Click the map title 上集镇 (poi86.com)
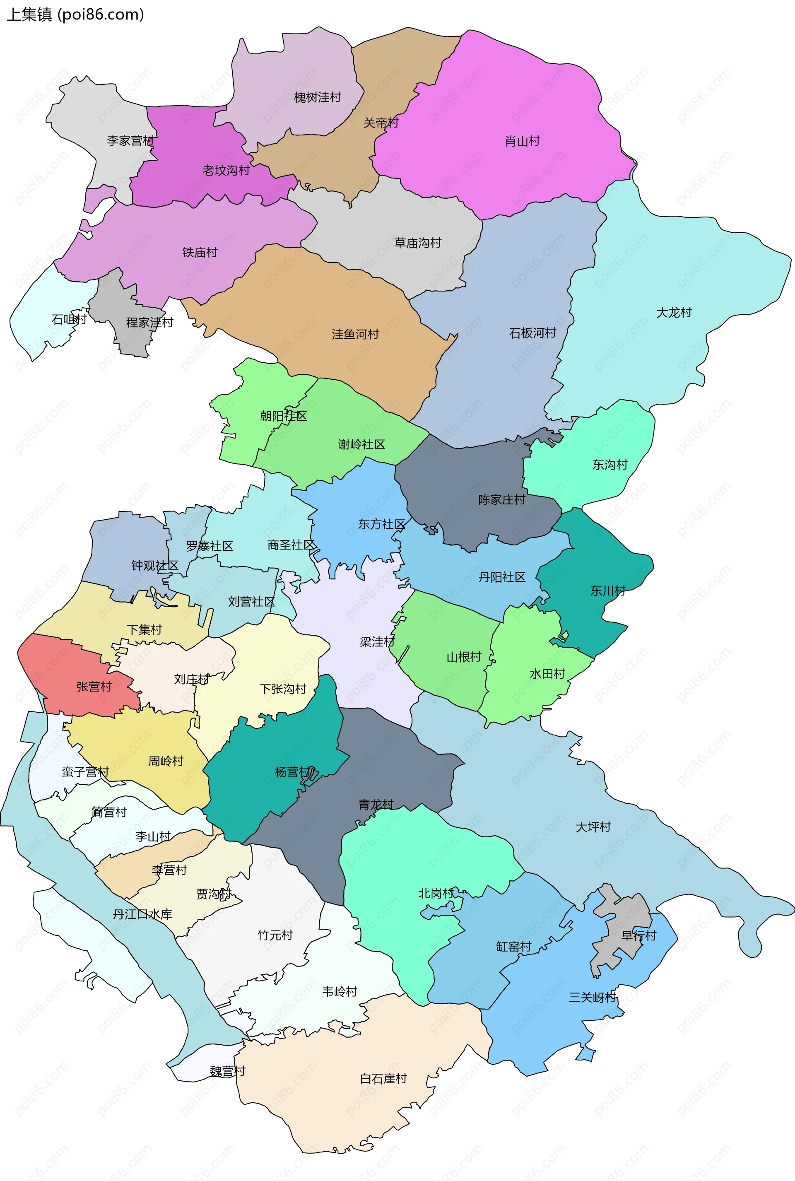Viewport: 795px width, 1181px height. (x=75, y=14)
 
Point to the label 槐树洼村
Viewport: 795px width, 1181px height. (x=318, y=97)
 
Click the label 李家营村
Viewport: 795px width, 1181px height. (x=130, y=140)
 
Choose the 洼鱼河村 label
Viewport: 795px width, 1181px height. (x=355, y=334)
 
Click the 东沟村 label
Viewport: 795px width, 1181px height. (x=609, y=465)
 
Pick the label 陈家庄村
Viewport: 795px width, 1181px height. (x=501, y=499)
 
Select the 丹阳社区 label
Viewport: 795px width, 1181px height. (x=501, y=577)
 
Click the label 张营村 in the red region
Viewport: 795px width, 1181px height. (x=94, y=687)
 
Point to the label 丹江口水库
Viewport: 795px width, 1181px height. (x=142, y=914)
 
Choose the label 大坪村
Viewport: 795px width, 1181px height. (x=593, y=827)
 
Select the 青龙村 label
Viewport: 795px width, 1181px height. (x=376, y=804)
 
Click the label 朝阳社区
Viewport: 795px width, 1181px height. (x=283, y=416)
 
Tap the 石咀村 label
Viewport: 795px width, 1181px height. (x=69, y=319)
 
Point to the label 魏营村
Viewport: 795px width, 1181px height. (x=227, y=1071)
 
